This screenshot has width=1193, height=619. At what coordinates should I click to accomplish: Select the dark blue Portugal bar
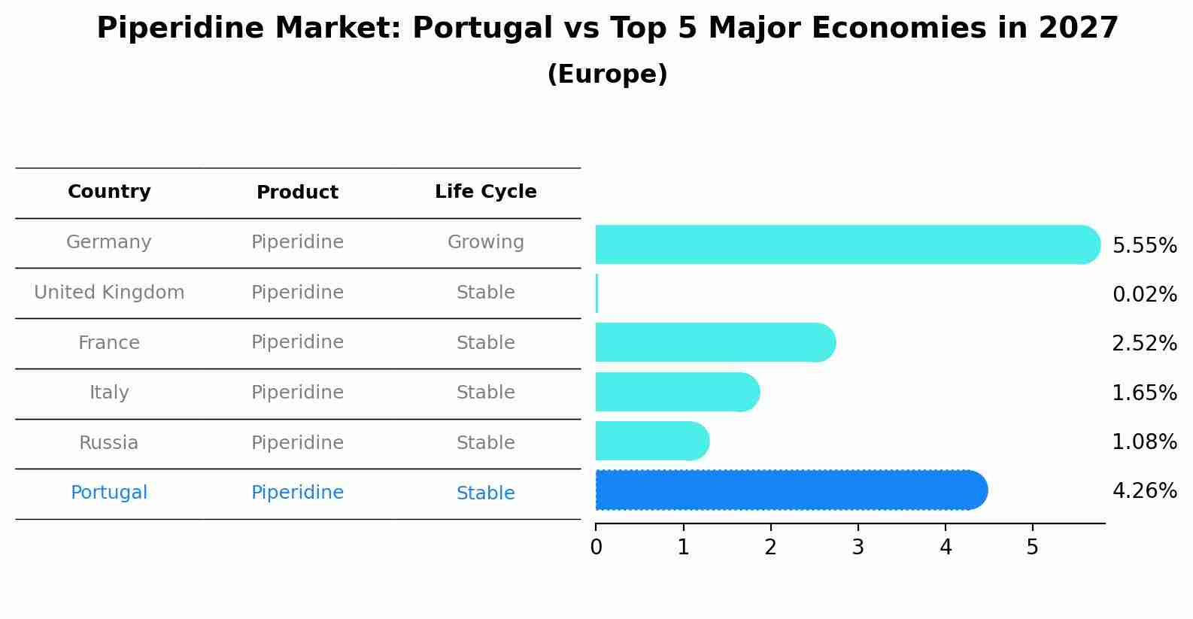[790, 490]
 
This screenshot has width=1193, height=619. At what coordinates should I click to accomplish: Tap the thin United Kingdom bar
[596, 293]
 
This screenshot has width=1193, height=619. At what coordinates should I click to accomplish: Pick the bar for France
[715, 343]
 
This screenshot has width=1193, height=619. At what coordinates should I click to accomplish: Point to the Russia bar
[651, 441]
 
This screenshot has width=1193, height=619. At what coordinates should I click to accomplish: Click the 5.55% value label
[1144, 246]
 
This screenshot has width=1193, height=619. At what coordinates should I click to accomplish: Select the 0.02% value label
[1144, 295]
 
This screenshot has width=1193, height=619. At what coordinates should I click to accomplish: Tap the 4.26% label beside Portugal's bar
[1144, 491]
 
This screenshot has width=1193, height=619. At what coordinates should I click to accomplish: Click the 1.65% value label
[1144, 393]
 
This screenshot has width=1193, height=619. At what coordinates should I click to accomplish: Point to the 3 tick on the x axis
[858, 548]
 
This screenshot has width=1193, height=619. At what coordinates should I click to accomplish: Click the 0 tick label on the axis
[596, 548]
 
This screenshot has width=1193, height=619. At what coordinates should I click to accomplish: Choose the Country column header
[109, 192]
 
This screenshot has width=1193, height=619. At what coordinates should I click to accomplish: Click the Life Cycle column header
[485, 192]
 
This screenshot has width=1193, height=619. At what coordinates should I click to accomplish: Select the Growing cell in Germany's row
[485, 242]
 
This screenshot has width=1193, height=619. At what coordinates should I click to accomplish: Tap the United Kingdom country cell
[109, 293]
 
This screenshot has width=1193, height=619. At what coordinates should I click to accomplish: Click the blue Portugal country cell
[109, 493]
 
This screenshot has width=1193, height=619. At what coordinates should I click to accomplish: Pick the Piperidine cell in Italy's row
[297, 393]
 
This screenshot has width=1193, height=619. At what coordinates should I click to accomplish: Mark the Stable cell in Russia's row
[485, 443]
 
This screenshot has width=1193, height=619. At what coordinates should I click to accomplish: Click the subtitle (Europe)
[607, 74]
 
